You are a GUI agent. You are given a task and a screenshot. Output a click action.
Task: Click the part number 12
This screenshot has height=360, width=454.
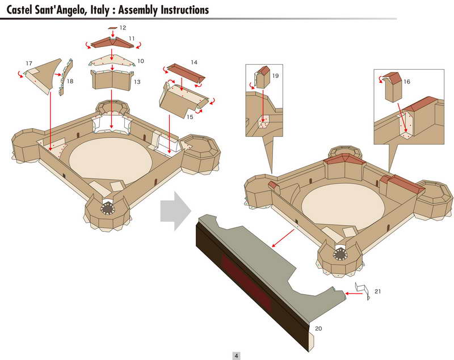tap(123, 27)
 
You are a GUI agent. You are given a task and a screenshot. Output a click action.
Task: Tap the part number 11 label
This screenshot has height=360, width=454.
tap(131, 38)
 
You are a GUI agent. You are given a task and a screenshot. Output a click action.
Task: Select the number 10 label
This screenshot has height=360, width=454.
tap(140, 60)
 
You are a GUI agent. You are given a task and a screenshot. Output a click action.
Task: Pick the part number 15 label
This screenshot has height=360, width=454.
tap(190, 116)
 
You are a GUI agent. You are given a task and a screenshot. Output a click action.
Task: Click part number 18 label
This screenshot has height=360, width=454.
tap(70, 82)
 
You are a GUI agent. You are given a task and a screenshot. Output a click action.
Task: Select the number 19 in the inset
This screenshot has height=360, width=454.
tap(275, 75)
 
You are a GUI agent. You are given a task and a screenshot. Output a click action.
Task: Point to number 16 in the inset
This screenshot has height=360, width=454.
tap(407, 82)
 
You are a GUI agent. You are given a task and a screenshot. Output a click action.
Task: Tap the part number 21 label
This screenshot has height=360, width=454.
tap(377, 291)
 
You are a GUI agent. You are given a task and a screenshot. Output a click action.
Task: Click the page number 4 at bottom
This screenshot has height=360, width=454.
tap(236, 355)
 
